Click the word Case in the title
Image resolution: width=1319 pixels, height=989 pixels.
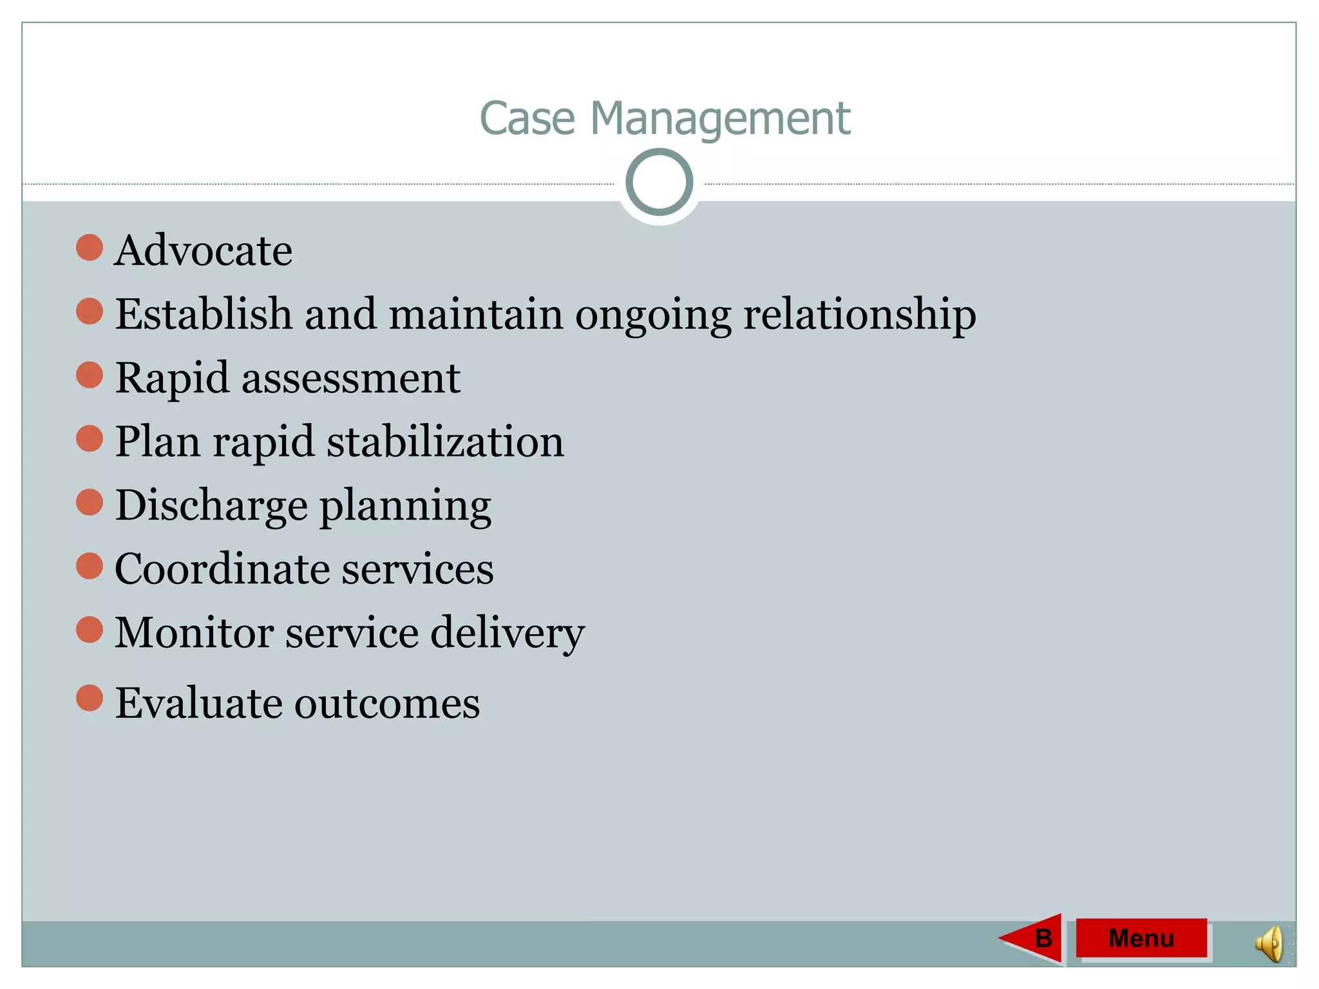527,119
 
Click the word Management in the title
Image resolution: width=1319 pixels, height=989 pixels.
720,119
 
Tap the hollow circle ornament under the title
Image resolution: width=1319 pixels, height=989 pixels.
659,182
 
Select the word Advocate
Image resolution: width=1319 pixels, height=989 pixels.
204,250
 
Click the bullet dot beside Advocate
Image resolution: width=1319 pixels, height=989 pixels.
90,248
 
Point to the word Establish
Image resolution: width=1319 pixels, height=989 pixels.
204,314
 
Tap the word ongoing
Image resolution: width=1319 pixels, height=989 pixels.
653,316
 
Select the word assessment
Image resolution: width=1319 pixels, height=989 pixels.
351,378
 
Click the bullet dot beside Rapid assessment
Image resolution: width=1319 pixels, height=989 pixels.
90,375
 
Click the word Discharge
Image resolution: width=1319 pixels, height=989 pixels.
211,505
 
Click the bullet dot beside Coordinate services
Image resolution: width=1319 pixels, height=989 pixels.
90,566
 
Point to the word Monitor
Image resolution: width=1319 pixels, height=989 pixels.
193,632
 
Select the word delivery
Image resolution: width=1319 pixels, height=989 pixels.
508,633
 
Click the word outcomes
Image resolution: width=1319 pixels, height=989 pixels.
387,703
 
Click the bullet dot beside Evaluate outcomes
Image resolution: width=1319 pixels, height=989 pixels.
90,699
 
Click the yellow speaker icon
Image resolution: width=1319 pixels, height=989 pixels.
1269,945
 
